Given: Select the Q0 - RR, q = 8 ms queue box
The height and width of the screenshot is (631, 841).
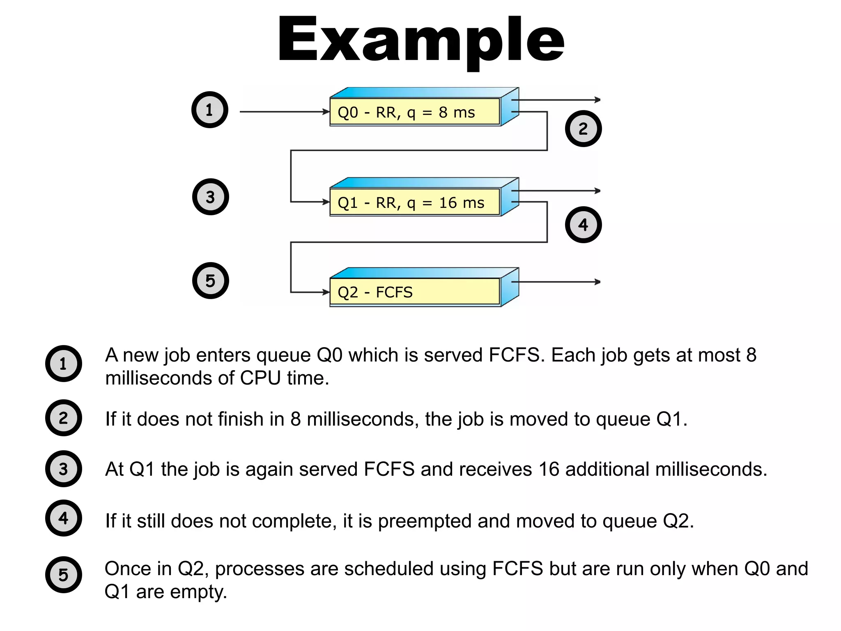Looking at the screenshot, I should (415, 112).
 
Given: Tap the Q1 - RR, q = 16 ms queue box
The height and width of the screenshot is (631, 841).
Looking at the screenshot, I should (415, 202).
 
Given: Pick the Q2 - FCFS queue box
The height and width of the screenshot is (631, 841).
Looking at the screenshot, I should (415, 292).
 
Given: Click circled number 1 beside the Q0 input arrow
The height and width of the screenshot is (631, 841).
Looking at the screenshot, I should (210, 110).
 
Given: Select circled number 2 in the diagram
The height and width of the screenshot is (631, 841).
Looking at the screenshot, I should (583, 129).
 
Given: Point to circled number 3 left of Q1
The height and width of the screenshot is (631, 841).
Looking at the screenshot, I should (210, 197).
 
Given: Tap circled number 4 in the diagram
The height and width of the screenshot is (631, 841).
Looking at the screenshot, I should (583, 225).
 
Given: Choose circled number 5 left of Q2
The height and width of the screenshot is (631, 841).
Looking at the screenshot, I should (210, 281).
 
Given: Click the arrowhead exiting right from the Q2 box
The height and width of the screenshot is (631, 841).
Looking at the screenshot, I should (597, 282).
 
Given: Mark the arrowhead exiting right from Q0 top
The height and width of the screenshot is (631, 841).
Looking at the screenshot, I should (597, 100).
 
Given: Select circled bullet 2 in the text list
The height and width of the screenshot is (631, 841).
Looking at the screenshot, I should (63, 418).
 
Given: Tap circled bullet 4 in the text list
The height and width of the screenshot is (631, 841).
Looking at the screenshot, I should (63, 518).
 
